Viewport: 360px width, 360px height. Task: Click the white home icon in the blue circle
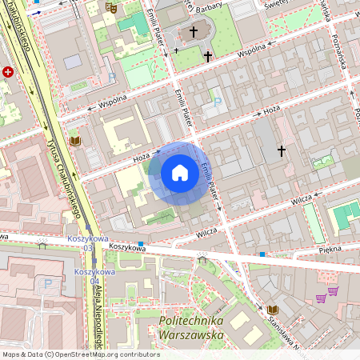179,173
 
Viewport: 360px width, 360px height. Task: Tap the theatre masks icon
110,6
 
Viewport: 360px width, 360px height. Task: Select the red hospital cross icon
8,71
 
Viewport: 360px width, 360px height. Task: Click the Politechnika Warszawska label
190,328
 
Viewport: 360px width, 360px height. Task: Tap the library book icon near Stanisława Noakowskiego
273,309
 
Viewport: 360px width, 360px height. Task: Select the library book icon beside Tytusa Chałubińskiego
76,141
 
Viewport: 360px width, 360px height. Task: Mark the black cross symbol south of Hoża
281,150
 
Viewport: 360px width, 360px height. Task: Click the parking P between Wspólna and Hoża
218,102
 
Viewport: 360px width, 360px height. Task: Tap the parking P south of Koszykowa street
47,283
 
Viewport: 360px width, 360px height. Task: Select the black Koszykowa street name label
127,248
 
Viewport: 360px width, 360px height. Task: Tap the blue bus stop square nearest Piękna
262,254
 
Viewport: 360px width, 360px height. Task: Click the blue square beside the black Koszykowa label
141,243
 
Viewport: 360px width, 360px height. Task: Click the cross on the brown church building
193,32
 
